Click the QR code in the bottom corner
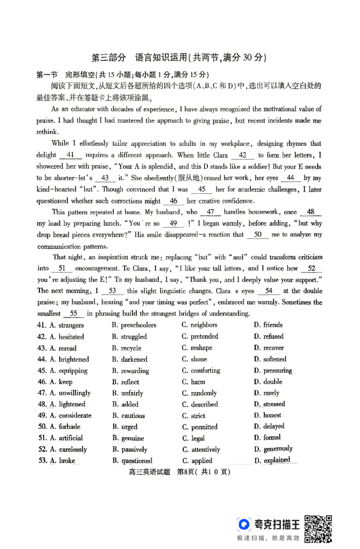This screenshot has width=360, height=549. click(319, 528)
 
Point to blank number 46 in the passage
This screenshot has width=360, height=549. click(174, 201)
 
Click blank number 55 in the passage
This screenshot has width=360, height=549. click(74, 313)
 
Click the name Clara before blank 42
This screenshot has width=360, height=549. click(219, 155)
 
